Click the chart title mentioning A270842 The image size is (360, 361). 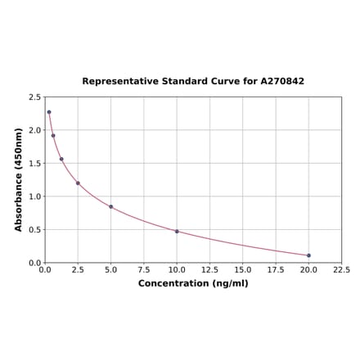click(x=193, y=82)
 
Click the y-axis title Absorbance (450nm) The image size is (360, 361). click(x=19, y=179)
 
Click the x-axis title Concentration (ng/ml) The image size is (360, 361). click(x=193, y=283)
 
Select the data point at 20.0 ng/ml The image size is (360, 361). click(x=308, y=255)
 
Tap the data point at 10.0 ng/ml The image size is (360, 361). click(x=177, y=231)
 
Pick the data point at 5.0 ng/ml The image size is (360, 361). click(x=110, y=206)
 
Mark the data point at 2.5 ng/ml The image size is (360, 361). click(x=78, y=183)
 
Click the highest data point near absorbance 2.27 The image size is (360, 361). click(x=48, y=112)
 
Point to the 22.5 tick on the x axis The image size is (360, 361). click(x=341, y=269)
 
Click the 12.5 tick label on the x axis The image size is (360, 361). click(x=209, y=269)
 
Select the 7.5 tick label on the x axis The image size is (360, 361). click(x=143, y=269)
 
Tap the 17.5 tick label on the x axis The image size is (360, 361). click(x=276, y=269)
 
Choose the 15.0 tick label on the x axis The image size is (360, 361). click(x=242, y=269)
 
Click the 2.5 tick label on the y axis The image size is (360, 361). click(x=35, y=97)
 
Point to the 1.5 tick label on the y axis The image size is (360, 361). click(x=35, y=164)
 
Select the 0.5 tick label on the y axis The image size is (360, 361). click(x=35, y=230)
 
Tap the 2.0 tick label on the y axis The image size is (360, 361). click(x=35, y=130)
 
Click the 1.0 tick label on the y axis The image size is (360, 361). click(x=35, y=196)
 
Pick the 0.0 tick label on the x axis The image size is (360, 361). click(x=45, y=269)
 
